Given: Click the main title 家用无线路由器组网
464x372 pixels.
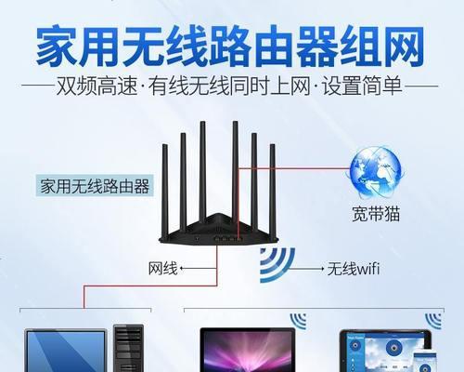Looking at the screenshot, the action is coord(230,46).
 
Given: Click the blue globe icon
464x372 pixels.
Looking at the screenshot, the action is coord(376,173).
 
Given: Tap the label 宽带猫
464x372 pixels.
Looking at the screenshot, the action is coord(376,214).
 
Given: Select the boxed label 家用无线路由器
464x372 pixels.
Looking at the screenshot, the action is coord(95,186).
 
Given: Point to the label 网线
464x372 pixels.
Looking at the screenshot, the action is coord(163,269).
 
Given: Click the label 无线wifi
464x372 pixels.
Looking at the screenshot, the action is coord(354,269).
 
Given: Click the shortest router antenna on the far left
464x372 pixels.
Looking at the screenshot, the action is coord(165,191).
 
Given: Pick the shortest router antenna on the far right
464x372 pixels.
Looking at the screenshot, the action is coord(272,190).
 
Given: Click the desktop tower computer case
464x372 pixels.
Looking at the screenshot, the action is coord(128,348).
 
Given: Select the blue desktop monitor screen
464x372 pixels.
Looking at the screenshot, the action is coord(65,351).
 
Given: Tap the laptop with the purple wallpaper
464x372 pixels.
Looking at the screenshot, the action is coord(247,350).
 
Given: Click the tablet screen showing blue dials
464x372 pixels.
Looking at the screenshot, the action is coord(385,352).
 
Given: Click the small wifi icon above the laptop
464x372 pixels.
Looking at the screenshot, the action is coord(299,321).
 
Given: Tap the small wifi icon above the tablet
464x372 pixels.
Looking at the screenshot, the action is coord(433,321).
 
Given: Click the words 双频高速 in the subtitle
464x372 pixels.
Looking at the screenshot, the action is coord(97,86).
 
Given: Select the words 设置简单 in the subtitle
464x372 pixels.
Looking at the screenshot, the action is coord(362,86).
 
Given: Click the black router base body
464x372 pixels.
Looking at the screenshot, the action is coord(218,230).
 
